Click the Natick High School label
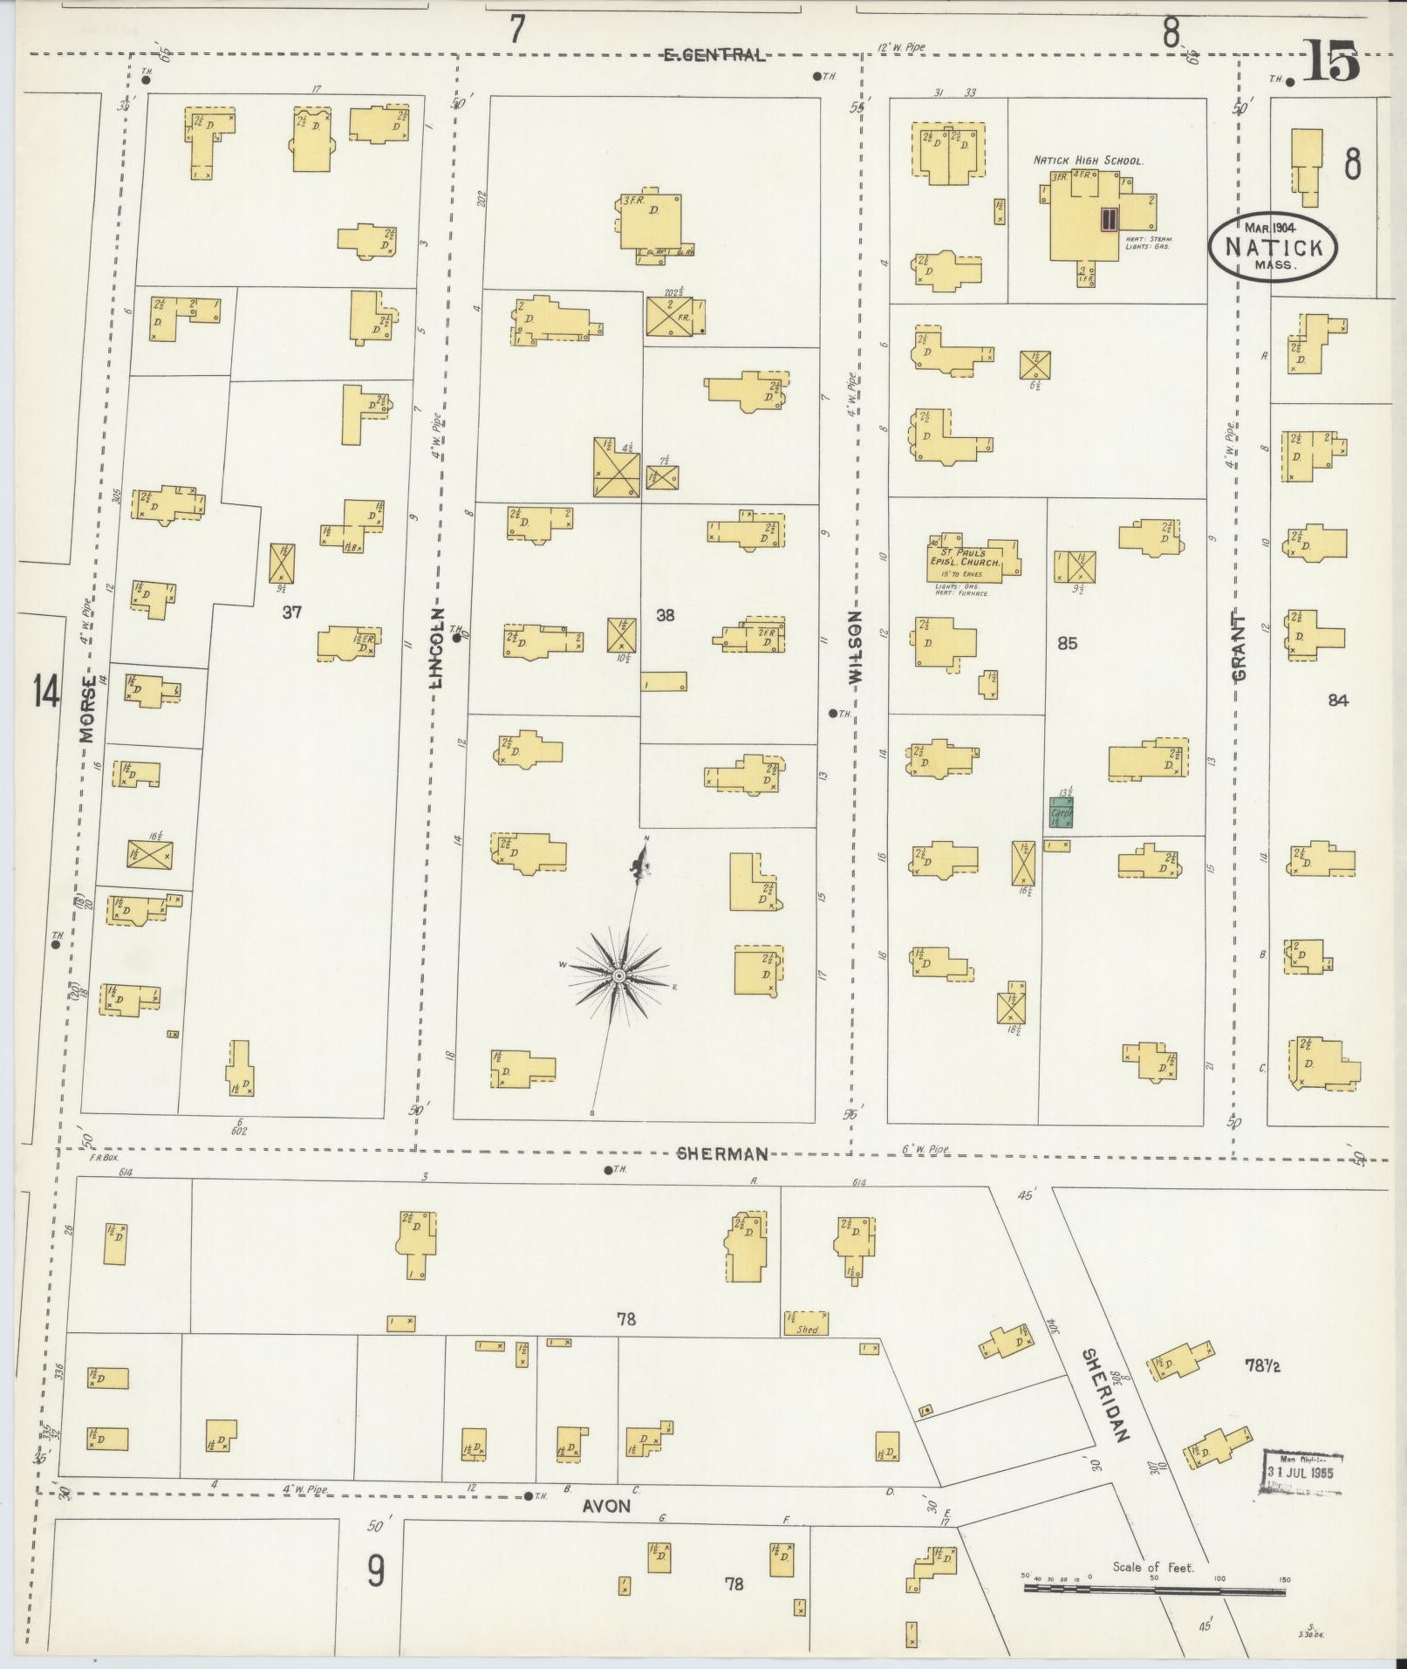coord(1088,161)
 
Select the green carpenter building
coord(1062,811)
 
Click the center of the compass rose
coord(618,975)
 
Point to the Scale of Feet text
coord(1153,1567)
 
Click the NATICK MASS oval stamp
coord(1272,247)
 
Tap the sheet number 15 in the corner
coord(1332,65)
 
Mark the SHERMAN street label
coord(723,1154)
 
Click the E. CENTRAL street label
coord(714,56)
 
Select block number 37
coord(291,612)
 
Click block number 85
coord(1067,644)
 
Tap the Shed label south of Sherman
coord(808,1354)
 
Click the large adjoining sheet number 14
coord(46,693)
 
